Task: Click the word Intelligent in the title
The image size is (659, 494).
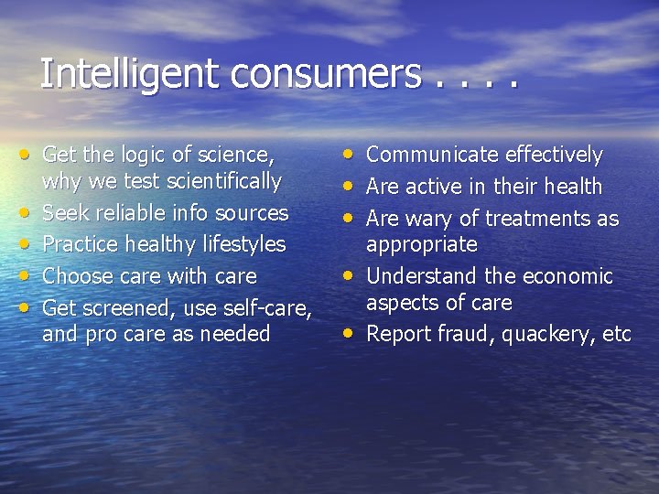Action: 130,73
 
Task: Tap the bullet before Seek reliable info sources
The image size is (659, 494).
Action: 28,213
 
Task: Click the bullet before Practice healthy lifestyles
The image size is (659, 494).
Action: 28,244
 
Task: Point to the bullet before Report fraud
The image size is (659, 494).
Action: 351,334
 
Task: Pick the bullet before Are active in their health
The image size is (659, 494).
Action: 351,186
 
